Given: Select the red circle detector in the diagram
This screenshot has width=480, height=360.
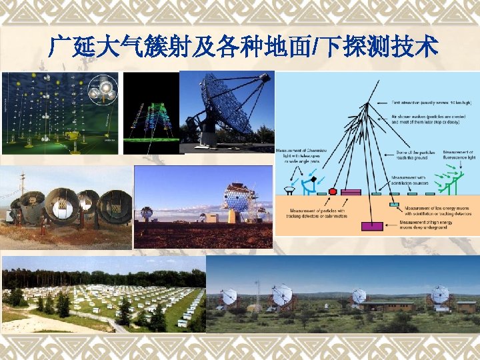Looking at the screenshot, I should coord(333,191).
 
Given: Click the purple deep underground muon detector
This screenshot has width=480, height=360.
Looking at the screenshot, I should coord(372,226).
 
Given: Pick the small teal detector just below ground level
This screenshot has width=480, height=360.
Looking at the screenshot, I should coord(393,205).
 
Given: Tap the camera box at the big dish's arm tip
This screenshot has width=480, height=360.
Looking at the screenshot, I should coord(265,78).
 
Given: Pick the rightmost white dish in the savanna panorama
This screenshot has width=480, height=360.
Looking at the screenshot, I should coord(439,295).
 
